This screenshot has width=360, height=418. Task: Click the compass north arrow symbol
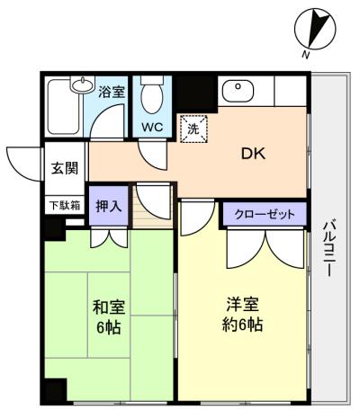316,29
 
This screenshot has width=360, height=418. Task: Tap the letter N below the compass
306,55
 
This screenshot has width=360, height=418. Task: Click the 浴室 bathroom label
112,92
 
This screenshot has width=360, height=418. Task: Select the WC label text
152,127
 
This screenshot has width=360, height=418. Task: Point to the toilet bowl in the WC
151,99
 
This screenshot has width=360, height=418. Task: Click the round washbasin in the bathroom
82,84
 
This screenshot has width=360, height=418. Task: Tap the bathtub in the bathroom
64,106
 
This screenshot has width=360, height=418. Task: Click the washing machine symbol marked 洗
193,129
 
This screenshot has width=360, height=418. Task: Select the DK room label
254,154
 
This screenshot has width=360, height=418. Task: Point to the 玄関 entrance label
65,168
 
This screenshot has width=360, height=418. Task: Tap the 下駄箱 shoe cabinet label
65,205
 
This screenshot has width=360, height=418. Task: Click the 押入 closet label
109,206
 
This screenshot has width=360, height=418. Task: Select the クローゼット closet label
265,214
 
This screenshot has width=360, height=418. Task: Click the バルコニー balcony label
330,249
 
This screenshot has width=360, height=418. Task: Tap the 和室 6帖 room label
108,317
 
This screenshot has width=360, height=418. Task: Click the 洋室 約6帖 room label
242,314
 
